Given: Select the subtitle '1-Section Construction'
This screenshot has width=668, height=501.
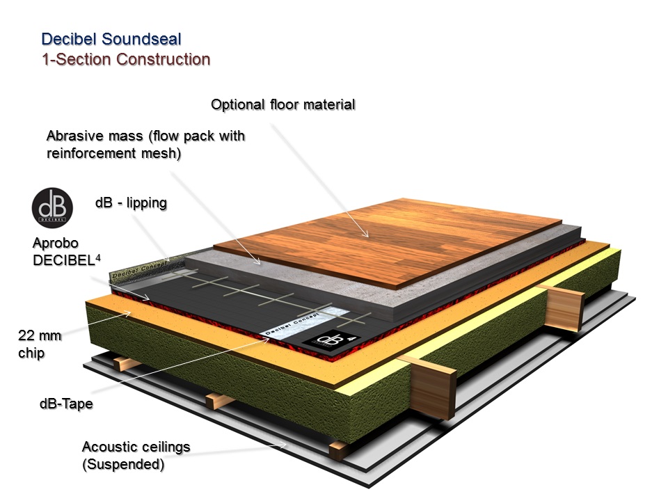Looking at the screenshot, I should click(125, 58).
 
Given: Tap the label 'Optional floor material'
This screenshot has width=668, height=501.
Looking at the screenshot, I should click(283, 105).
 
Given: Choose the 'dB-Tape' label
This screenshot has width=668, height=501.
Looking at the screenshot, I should click(66, 402).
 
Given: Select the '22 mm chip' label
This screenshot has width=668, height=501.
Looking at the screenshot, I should click(39, 344).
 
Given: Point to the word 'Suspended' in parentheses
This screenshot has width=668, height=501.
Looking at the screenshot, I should click(123, 463).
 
